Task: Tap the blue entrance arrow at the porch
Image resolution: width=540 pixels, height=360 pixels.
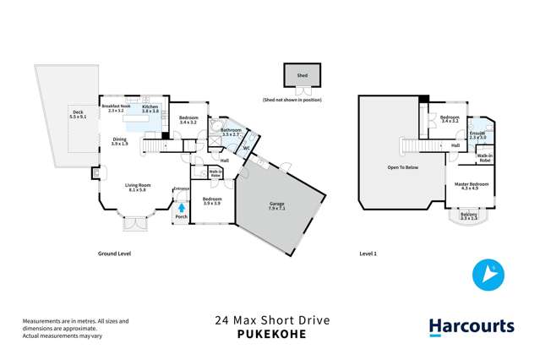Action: (x=180, y=205)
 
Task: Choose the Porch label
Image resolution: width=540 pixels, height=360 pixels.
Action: (x=181, y=217)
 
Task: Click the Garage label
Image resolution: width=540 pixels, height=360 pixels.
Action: (x=277, y=204)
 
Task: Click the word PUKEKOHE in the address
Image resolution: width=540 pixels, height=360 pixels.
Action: (x=270, y=335)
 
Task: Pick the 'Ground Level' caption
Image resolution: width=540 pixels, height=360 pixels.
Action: (x=114, y=253)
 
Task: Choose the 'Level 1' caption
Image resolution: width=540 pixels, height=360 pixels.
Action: (x=368, y=253)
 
